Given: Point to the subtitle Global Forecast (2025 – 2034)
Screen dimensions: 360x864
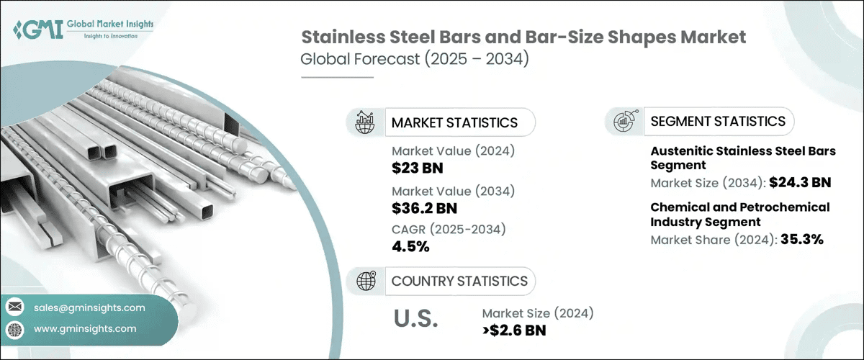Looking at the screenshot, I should click(415, 60).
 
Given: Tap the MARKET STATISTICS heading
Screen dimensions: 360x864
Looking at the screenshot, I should click(454, 122).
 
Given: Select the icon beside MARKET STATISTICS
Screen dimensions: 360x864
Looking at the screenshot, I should click(365, 122).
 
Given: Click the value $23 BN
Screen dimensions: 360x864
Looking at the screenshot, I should click(418, 167).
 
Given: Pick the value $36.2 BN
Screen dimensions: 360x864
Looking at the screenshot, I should click(425, 209).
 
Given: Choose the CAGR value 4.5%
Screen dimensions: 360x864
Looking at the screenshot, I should click(410, 247).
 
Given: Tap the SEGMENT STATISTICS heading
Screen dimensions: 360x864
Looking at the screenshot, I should click(717, 121).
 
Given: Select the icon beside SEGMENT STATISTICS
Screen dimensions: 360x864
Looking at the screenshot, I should click(624, 121).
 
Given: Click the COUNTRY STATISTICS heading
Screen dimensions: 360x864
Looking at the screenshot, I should click(459, 281).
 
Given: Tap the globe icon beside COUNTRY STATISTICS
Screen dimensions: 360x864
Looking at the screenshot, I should click(365, 281).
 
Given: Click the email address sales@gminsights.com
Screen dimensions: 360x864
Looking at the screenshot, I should click(89, 307).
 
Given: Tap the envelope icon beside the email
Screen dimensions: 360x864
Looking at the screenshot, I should click(14, 307).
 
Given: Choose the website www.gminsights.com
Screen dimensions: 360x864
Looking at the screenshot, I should click(85, 328).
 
